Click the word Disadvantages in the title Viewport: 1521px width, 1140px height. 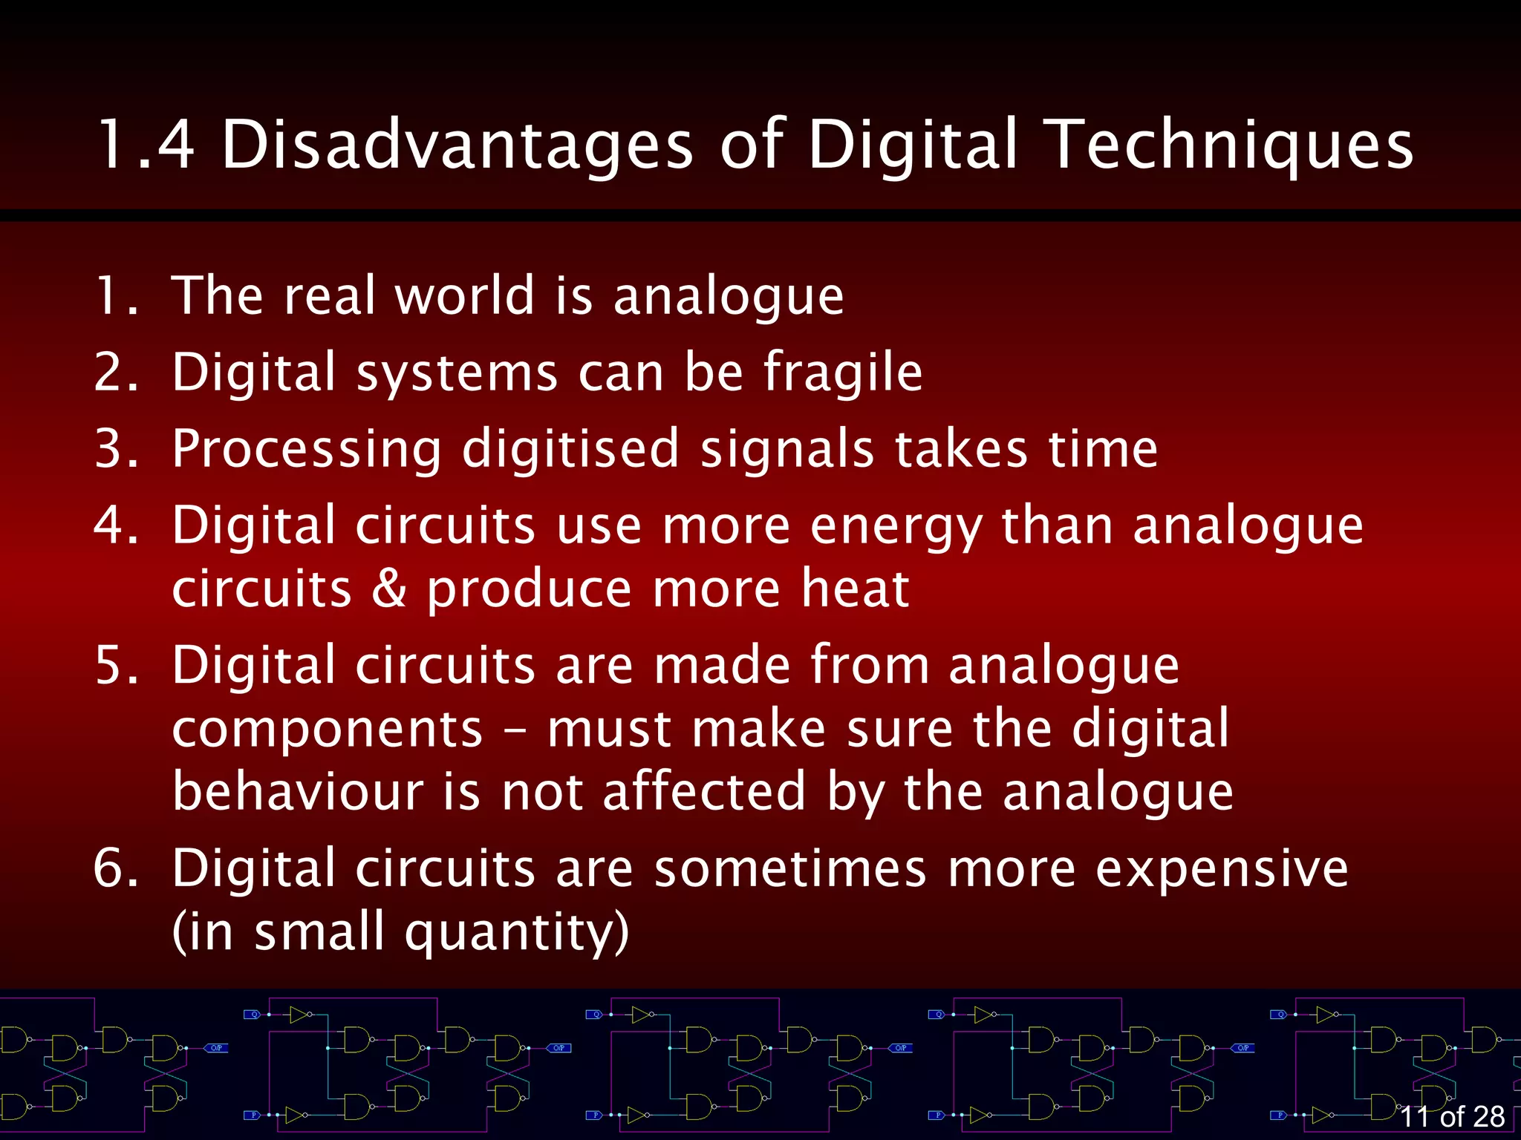(x=457, y=145)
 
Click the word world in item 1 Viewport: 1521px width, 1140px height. (x=464, y=295)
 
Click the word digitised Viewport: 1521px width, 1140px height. (x=570, y=450)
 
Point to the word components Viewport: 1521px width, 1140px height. (x=328, y=730)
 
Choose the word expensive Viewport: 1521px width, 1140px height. (x=1222, y=868)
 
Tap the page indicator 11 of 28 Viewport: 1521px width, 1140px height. (x=1451, y=1116)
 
